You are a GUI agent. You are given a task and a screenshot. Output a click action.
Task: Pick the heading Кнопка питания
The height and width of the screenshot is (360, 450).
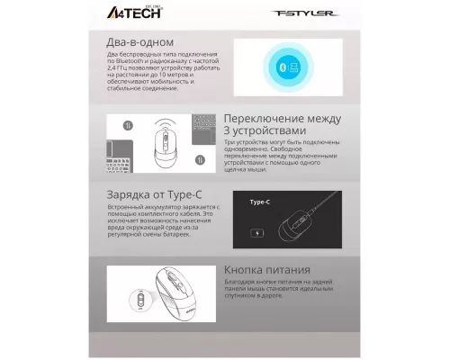(267, 269)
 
